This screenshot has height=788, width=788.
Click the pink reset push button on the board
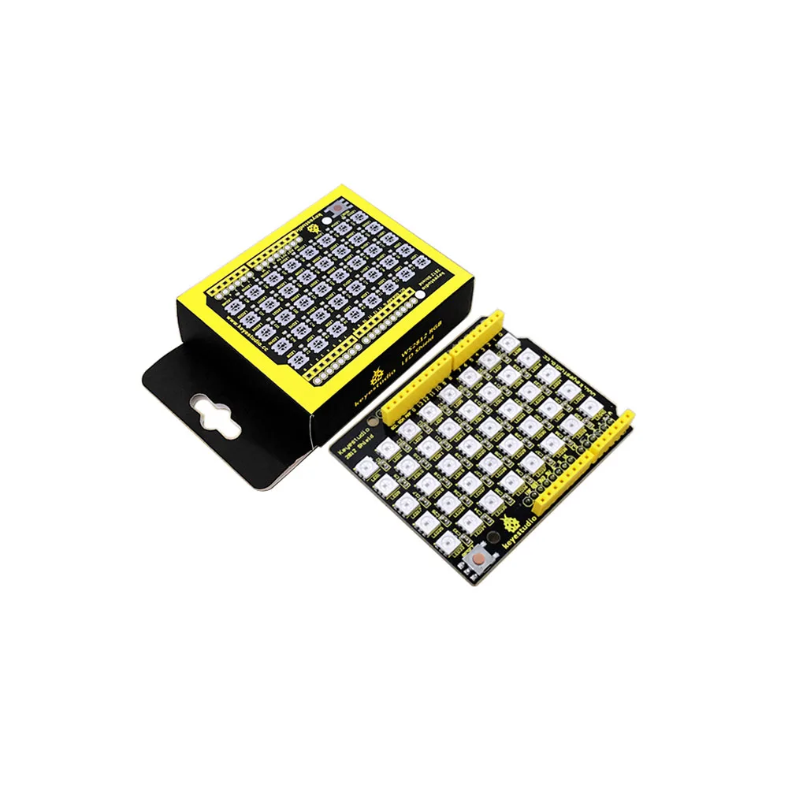point(478,561)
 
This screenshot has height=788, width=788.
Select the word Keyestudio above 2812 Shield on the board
point(352,451)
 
